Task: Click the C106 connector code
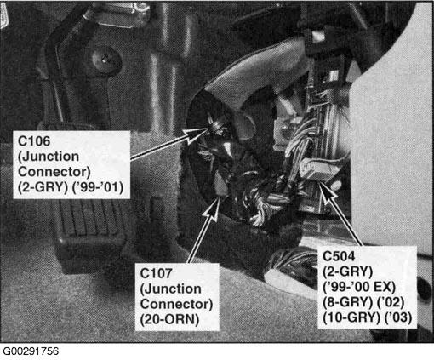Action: tap(34, 141)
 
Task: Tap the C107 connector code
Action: tap(156, 273)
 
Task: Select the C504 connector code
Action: tap(339, 256)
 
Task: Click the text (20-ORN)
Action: tap(169, 320)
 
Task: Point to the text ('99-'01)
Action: tap(98, 187)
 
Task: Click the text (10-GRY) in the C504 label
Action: tap(351, 317)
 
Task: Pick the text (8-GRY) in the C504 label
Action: tap(347, 302)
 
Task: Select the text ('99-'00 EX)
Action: tap(359, 287)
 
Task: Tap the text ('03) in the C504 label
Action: tap(397, 317)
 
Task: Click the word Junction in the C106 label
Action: tap(49, 157)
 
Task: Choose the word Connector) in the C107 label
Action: tap(176, 304)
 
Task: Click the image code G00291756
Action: tap(31, 351)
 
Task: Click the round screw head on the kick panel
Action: tap(106, 60)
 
